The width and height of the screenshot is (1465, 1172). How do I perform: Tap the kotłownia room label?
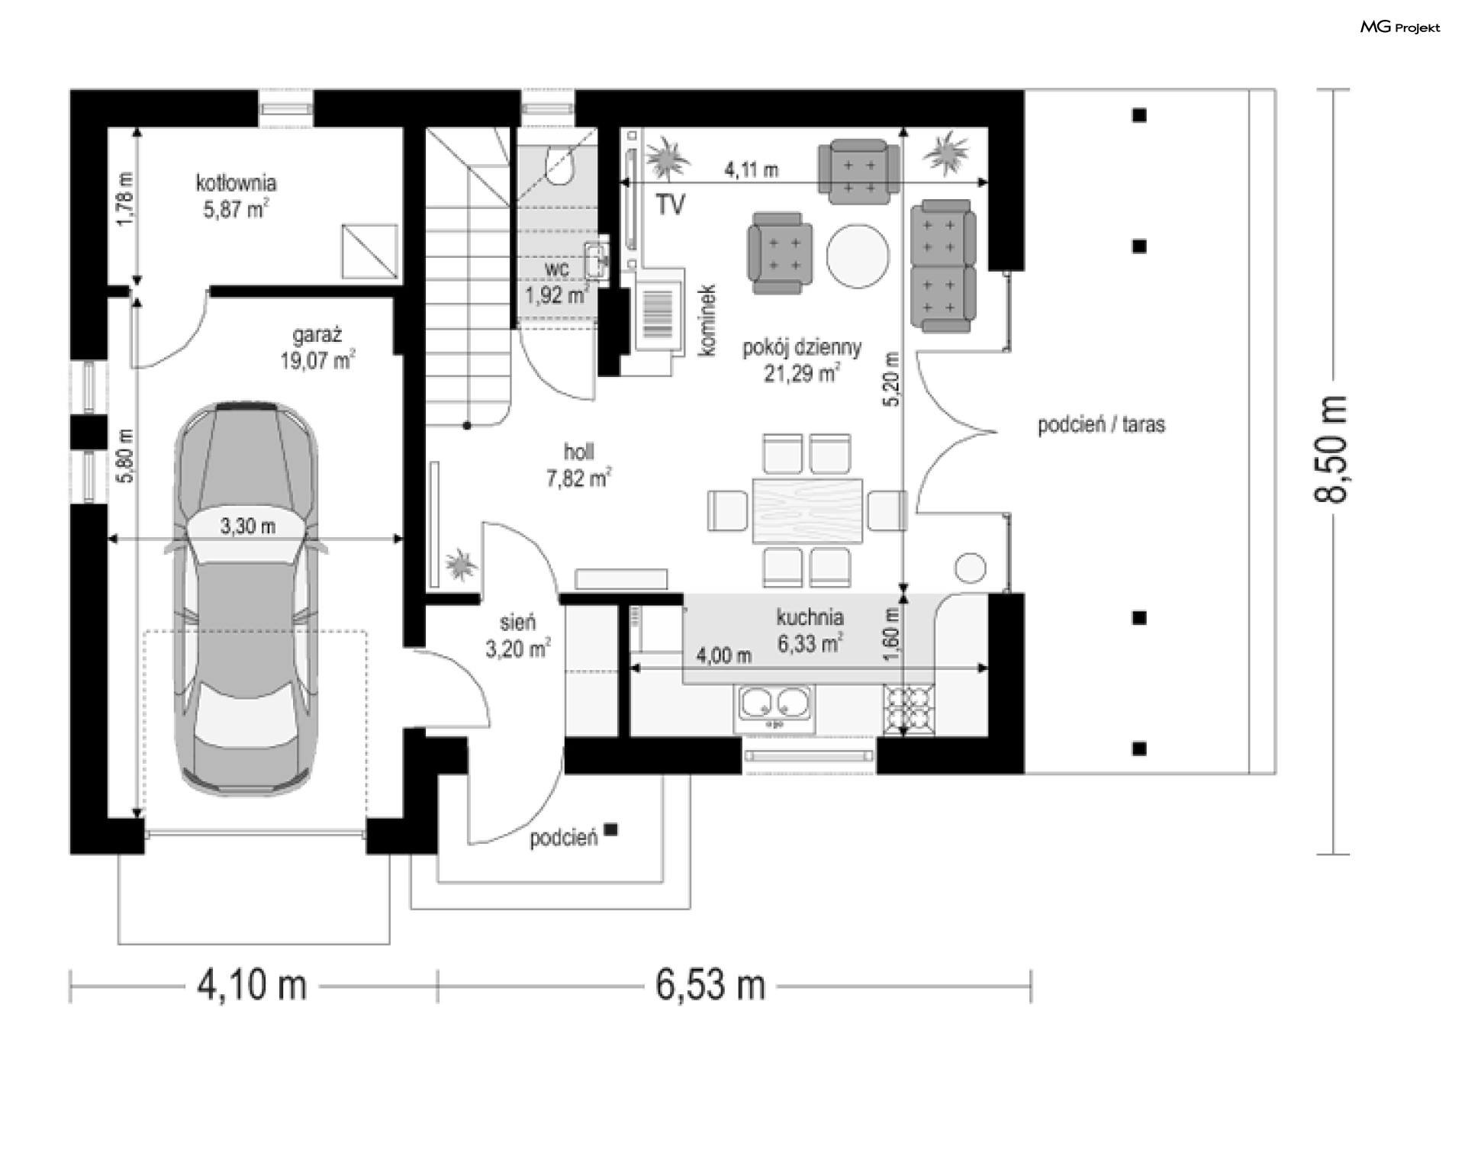(236, 183)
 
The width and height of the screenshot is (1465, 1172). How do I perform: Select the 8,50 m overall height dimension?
(1331, 449)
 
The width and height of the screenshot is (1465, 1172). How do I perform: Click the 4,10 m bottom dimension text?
(253, 985)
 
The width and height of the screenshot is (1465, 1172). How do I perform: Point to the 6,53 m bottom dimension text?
(710, 985)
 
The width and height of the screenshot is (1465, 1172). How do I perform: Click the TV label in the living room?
(671, 204)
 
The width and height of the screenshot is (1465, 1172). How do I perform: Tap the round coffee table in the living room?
(858, 256)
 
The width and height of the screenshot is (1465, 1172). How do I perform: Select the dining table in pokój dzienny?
(807, 510)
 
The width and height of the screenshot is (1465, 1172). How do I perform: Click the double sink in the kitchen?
(774, 709)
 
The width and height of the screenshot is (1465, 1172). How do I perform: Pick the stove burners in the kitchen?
(909, 710)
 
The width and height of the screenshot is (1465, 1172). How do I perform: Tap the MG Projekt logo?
(1400, 27)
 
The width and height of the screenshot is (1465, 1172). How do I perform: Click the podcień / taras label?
(1101, 424)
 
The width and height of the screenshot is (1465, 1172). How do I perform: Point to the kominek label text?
(707, 320)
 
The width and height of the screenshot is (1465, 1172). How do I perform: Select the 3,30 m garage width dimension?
(248, 526)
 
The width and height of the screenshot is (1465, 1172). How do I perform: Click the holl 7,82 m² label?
(578, 465)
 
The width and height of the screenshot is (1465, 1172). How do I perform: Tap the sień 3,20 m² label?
(517, 636)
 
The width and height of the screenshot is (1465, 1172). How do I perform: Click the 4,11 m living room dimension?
(752, 169)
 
